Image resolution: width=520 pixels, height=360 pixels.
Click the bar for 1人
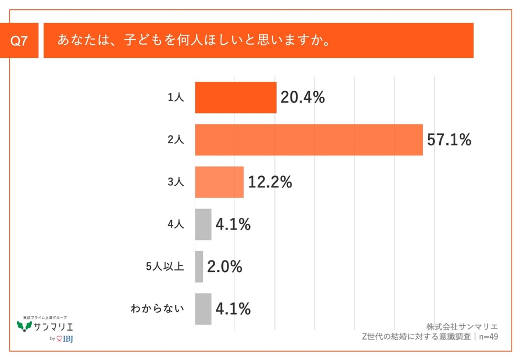(236, 98)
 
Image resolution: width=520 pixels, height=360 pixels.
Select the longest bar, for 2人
(309, 140)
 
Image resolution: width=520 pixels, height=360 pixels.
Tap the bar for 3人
(219, 182)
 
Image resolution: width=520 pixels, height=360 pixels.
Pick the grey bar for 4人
(203, 224)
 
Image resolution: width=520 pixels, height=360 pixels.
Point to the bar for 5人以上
(199, 267)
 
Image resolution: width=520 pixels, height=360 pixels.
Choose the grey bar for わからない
(203, 309)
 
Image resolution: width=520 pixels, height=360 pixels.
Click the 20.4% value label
(302, 98)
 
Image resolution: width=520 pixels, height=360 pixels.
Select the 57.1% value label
(449, 140)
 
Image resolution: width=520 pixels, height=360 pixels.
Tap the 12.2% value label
(269, 182)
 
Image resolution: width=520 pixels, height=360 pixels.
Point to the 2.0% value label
(225, 267)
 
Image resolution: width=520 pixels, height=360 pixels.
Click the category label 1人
(176, 98)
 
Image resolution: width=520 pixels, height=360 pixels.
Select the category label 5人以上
(165, 267)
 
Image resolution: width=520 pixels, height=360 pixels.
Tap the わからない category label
(157, 309)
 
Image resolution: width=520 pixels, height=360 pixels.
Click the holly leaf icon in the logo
(24, 326)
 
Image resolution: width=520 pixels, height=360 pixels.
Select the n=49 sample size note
(487, 336)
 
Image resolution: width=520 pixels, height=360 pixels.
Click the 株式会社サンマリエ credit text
(462, 326)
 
